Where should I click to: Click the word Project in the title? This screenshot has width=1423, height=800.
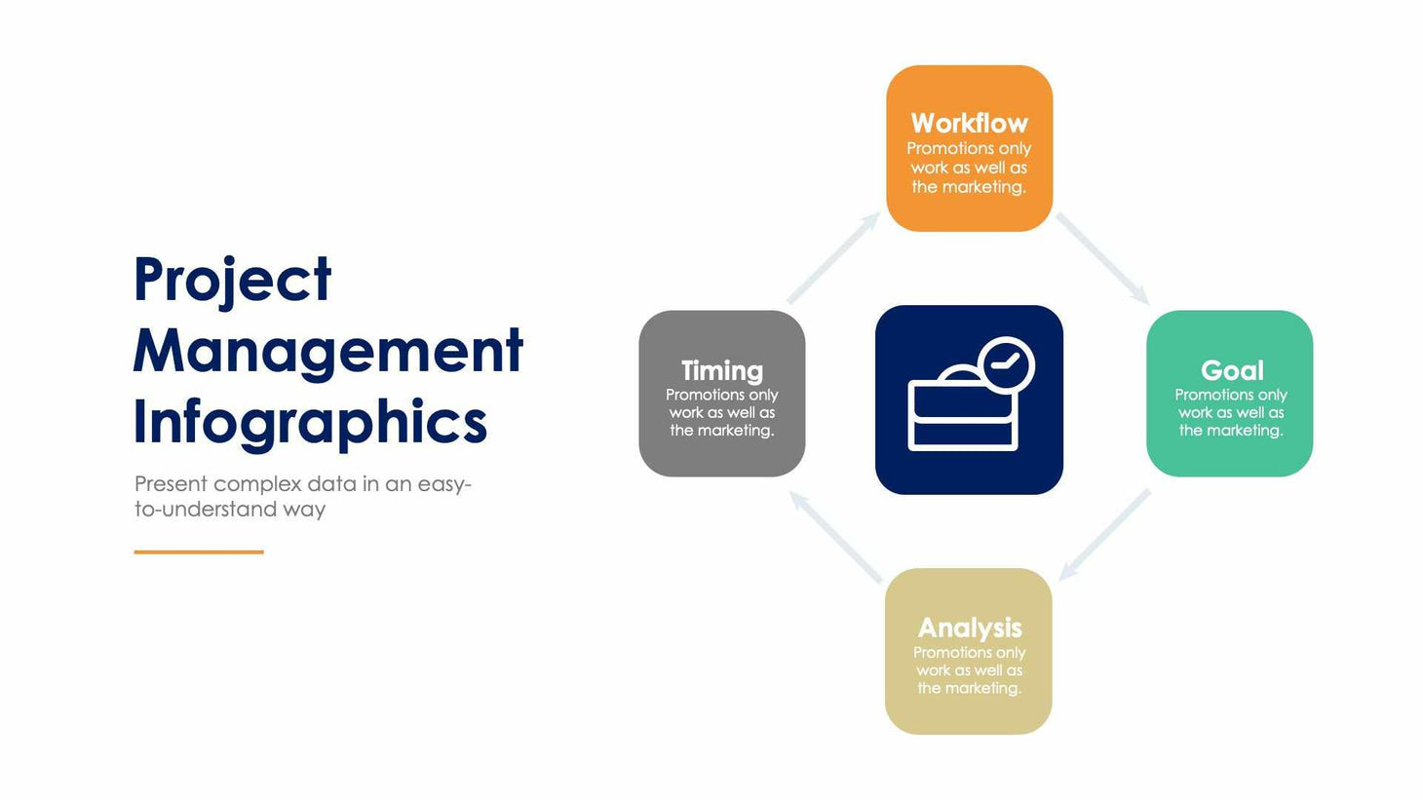(232, 281)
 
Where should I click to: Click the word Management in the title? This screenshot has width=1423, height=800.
(327, 351)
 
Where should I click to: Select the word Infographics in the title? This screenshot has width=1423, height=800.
(310, 423)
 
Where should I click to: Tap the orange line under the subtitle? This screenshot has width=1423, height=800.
(199, 552)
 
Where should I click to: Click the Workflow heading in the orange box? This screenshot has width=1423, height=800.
(969, 124)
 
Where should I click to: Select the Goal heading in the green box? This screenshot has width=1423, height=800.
(1231, 370)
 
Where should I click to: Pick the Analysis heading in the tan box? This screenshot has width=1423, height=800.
(969, 628)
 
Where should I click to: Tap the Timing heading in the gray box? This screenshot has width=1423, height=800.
(721, 370)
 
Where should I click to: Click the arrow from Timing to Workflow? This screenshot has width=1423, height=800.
(833, 258)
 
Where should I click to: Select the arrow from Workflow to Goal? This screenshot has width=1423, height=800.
(1102, 258)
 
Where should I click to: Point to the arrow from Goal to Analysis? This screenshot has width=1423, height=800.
(1104, 535)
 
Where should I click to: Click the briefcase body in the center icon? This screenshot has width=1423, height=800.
(962, 417)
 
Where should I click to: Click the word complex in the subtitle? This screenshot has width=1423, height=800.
(256, 484)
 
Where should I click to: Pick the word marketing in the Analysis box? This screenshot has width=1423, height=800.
(986, 688)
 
